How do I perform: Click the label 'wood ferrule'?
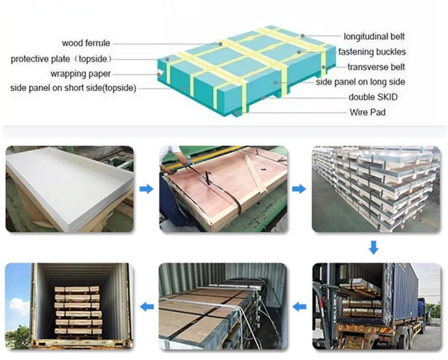(x=86, y=43)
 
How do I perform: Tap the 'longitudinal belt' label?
(x=374, y=37)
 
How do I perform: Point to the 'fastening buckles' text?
(x=371, y=52)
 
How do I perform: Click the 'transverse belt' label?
(x=376, y=67)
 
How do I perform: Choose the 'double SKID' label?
(x=373, y=97)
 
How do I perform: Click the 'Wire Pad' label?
(x=367, y=112)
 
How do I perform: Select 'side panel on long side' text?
(x=360, y=82)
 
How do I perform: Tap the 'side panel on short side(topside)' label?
(x=73, y=88)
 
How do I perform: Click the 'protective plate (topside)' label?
(x=62, y=58)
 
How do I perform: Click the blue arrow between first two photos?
(x=146, y=189)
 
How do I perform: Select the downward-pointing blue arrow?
(x=373, y=247)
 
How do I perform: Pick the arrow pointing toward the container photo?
(x=146, y=307)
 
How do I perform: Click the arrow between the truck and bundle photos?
(x=299, y=307)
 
